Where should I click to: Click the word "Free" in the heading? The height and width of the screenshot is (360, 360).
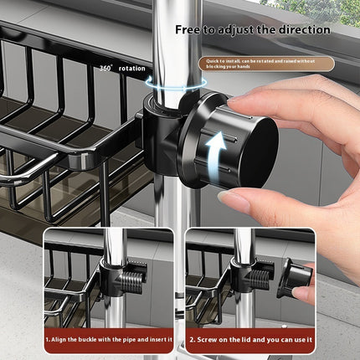pos(188,29)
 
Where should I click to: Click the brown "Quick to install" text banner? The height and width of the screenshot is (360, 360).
pos(265,63)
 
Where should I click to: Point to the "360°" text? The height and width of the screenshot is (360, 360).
pos(105,68)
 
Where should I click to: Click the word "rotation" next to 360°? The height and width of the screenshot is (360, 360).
pos(131,68)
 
